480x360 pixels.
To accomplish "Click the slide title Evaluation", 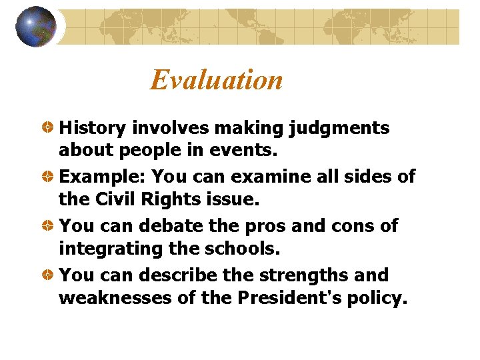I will pyautogui.click(x=216, y=80).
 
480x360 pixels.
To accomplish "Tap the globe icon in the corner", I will pyautogui.click(x=35, y=27).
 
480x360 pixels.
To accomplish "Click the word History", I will pyautogui.click(x=93, y=127).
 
